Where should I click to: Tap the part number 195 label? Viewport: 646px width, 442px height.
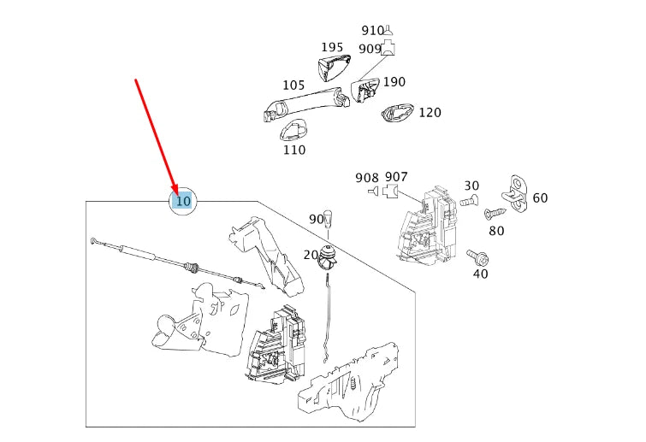click(x=332, y=48)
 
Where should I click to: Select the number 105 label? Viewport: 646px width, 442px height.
click(x=293, y=85)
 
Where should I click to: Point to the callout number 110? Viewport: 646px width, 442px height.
click(x=293, y=150)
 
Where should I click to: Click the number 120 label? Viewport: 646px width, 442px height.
click(x=430, y=113)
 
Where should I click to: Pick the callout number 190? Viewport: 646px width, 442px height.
click(x=394, y=82)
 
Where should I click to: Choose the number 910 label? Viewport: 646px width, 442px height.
click(x=372, y=31)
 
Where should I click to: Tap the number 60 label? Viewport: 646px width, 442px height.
click(x=540, y=198)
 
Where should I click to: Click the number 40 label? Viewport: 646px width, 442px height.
click(x=480, y=274)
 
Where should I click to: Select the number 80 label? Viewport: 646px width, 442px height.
click(x=496, y=231)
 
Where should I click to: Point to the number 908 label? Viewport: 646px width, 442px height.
click(x=366, y=178)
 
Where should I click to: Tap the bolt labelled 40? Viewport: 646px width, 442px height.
click(x=476, y=256)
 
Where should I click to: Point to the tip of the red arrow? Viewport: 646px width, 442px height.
click(x=176, y=196)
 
